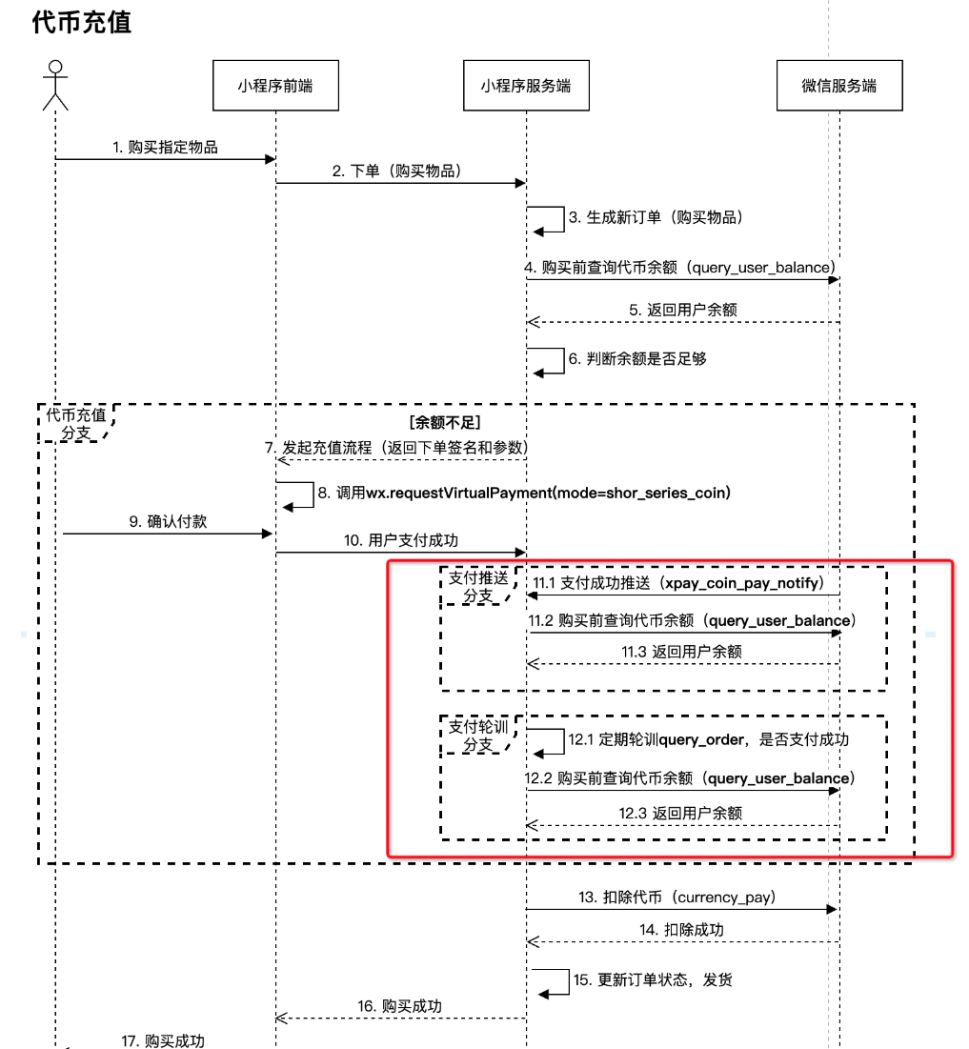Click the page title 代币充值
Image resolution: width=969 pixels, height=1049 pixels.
point(82,24)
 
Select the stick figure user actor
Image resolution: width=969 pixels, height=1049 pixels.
point(56,85)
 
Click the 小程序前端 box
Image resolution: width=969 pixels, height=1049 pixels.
point(274,86)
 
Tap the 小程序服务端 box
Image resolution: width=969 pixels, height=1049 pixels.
point(525,86)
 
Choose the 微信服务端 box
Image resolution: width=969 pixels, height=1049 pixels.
point(838,86)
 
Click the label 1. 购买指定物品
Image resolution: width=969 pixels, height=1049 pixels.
point(165,147)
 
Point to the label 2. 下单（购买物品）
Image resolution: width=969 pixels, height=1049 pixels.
point(397,171)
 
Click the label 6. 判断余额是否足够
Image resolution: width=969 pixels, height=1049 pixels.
point(637,359)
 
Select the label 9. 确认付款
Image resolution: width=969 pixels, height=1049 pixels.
point(168,521)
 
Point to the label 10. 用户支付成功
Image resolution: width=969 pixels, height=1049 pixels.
point(400,540)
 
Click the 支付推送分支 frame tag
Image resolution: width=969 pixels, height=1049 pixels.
point(477,586)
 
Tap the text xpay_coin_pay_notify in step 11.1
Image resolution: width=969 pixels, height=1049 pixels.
point(744,582)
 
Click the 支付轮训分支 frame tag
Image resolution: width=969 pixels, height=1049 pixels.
point(477,736)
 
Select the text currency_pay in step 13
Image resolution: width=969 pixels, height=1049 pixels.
point(731,897)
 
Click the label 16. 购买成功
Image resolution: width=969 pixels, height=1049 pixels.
point(400,1006)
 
